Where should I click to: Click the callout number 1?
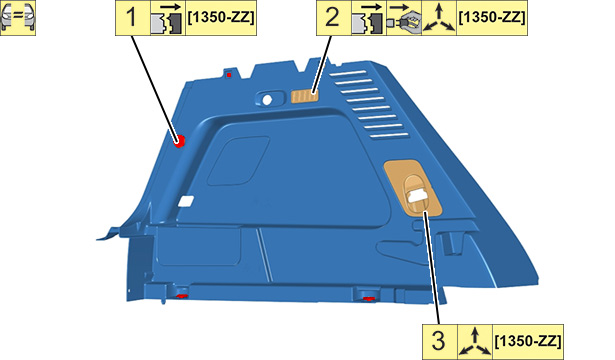click(x=132, y=18)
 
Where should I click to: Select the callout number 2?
click(x=333, y=18)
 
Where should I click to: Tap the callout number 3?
click(x=439, y=341)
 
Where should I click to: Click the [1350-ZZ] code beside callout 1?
click(x=221, y=18)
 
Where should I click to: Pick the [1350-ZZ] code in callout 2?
click(x=492, y=18)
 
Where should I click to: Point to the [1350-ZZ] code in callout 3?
click(x=528, y=341)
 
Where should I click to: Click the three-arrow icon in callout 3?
click(x=475, y=342)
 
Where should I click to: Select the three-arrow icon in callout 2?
click(x=439, y=18)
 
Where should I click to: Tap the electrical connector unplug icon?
click(x=404, y=18)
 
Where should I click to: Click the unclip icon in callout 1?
click(x=168, y=18)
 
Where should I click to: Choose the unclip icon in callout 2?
click(x=368, y=18)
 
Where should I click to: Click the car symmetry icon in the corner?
click(x=18, y=18)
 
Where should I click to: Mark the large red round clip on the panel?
click(x=180, y=140)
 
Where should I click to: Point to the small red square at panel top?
click(x=229, y=75)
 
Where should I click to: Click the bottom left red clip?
click(x=182, y=295)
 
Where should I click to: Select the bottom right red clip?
click(x=368, y=299)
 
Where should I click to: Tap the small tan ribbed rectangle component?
click(x=305, y=96)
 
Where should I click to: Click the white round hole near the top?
click(x=267, y=100)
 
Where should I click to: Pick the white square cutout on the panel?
click(x=186, y=201)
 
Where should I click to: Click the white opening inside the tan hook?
click(x=418, y=195)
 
